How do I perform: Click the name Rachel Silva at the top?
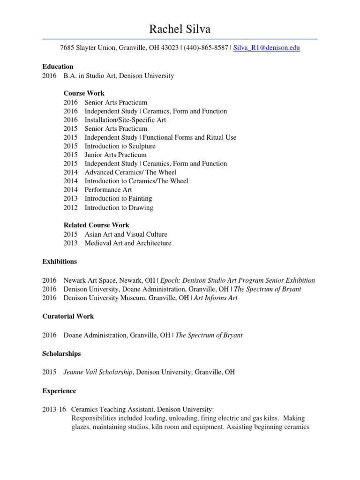[180, 29]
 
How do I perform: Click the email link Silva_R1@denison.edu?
[267, 48]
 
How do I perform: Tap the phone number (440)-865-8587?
[206, 48]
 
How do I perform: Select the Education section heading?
[58, 67]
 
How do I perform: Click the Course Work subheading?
[84, 93]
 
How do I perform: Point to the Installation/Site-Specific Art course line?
[125, 120]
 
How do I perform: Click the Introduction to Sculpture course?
[120, 146]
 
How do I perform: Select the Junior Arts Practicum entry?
[115, 155]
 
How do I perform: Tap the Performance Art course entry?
[108, 190]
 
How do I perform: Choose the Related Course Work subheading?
[96, 225]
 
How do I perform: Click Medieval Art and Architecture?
[128, 243]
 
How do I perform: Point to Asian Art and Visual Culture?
[126, 234]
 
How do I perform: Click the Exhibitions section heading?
[60, 261]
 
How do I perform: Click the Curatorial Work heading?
[68, 316]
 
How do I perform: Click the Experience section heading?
[59, 390]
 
